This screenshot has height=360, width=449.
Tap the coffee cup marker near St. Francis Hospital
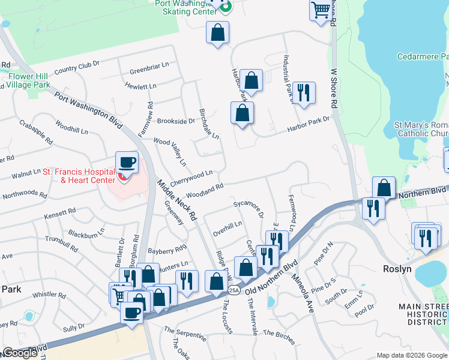pos(127,163)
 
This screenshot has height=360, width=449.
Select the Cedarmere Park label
pos(423,57)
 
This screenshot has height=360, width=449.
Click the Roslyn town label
pos(397,269)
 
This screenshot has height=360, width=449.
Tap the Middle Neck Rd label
pos(177,200)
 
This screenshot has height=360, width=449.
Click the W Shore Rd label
pos(335,86)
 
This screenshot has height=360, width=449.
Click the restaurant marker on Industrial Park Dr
pos(304,92)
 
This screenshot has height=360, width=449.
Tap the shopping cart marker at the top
pos(322,10)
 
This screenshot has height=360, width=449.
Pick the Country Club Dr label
pos(76,68)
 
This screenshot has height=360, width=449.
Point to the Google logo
pos(20,353)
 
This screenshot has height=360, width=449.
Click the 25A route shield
pos(234,290)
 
